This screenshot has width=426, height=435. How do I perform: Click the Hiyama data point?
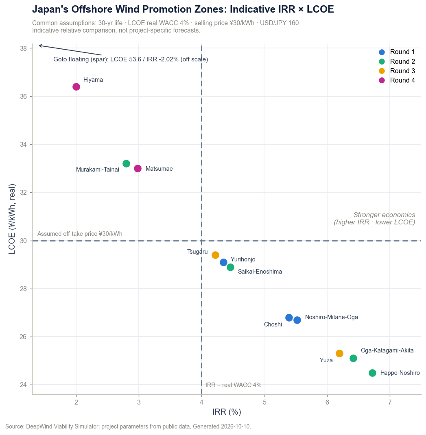[76, 87]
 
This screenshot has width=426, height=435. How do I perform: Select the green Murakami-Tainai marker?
[126, 164]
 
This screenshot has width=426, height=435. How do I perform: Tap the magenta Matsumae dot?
[138, 168]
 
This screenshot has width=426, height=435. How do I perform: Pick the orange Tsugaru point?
[215, 255]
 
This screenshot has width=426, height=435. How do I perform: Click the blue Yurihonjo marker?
[223, 262]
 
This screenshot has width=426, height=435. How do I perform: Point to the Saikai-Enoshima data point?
[230, 267]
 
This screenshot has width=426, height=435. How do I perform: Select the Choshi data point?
[289, 318]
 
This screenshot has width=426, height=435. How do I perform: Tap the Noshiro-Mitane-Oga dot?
[297, 320]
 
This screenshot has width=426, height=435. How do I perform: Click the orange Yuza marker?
[339, 353]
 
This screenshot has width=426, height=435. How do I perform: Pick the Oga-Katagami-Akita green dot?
[353, 359]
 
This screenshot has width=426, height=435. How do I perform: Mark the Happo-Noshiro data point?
[372, 373]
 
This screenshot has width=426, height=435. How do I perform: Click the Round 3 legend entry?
[397, 71]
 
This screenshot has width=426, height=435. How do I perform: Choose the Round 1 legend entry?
[397, 52]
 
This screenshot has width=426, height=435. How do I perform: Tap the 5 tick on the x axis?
[264, 402]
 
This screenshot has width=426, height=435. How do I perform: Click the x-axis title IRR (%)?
[227, 412]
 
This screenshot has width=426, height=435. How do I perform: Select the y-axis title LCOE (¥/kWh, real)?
[12, 219]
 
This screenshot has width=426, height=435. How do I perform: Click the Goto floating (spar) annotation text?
[131, 59]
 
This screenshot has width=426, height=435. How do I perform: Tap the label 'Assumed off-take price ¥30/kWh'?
[80, 234]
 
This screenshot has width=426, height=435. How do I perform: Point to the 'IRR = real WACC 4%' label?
[233, 385]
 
